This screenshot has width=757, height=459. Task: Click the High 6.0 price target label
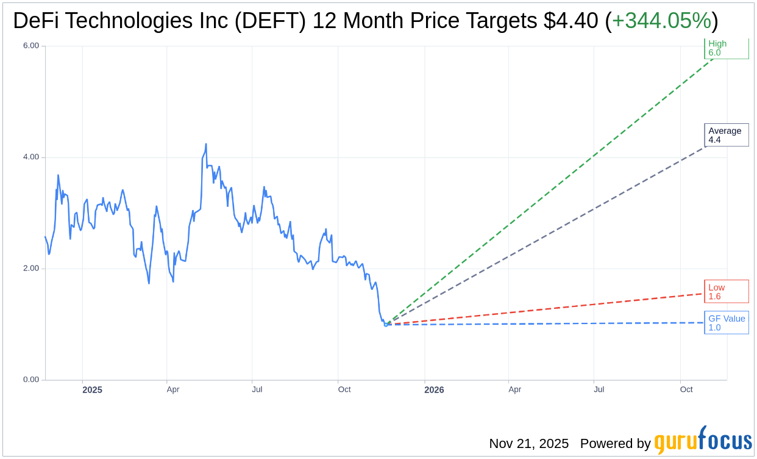727,48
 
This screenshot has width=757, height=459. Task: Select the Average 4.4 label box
727,135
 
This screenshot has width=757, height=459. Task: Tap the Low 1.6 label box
727,292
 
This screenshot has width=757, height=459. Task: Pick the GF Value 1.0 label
727,323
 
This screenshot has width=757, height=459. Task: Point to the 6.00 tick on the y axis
30,46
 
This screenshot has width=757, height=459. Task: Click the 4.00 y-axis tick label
30,157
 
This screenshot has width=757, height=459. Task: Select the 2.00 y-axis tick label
30,269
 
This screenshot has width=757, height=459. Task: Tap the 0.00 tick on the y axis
30,380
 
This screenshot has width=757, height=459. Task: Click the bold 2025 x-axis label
92,389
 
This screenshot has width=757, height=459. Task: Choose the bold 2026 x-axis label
434,389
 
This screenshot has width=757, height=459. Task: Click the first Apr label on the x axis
173,389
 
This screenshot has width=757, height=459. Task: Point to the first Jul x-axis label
257,389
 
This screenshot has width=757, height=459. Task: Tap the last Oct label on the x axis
686,389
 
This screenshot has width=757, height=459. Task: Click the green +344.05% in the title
661,21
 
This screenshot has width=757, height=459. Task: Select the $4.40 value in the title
571,21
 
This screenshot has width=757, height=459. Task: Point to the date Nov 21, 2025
528,444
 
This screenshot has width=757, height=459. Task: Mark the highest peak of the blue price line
206,144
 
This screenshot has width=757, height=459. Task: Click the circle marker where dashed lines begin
386,325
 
